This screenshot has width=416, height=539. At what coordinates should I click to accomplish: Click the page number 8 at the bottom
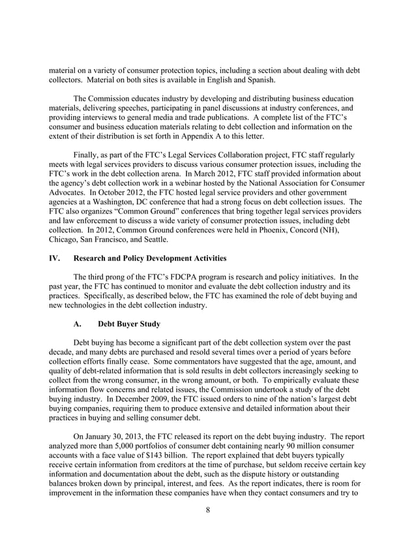[207, 510]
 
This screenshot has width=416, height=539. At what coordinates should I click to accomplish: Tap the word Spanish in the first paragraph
[256, 80]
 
